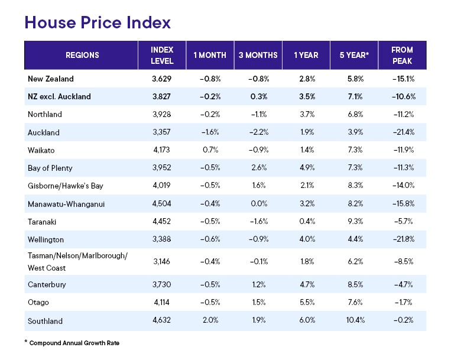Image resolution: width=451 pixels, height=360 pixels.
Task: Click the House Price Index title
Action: coord(98,22)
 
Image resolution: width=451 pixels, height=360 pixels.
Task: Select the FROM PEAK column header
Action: coord(403,56)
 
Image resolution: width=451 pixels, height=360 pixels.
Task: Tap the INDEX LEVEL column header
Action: coord(161,56)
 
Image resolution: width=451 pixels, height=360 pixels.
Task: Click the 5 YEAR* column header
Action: coord(354,56)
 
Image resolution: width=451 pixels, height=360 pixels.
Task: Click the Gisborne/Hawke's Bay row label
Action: coord(65,186)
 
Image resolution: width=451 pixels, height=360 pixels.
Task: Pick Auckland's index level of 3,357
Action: coord(161,132)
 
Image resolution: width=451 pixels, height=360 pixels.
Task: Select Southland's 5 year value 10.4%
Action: coord(354,322)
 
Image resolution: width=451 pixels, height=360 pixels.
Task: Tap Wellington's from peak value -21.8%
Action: coord(403,240)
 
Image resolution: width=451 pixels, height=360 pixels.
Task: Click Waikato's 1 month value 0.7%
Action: coord(210,150)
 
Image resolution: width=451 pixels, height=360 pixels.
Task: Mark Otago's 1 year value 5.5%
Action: coord(306,303)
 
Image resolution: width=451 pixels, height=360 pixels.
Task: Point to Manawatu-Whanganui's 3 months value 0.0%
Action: coord(258,204)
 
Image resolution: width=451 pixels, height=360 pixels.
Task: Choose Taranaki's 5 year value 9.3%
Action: coord(354,222)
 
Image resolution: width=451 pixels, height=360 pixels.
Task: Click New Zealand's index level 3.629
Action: coord(161,78)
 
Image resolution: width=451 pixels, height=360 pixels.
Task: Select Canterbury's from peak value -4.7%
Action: coord(403,284)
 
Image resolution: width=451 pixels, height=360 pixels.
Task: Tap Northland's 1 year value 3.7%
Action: coord(306,114)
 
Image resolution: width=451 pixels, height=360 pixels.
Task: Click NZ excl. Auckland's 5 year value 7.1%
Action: coord(354,96)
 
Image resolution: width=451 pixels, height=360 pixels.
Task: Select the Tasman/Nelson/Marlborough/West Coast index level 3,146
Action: coord(161,262)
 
